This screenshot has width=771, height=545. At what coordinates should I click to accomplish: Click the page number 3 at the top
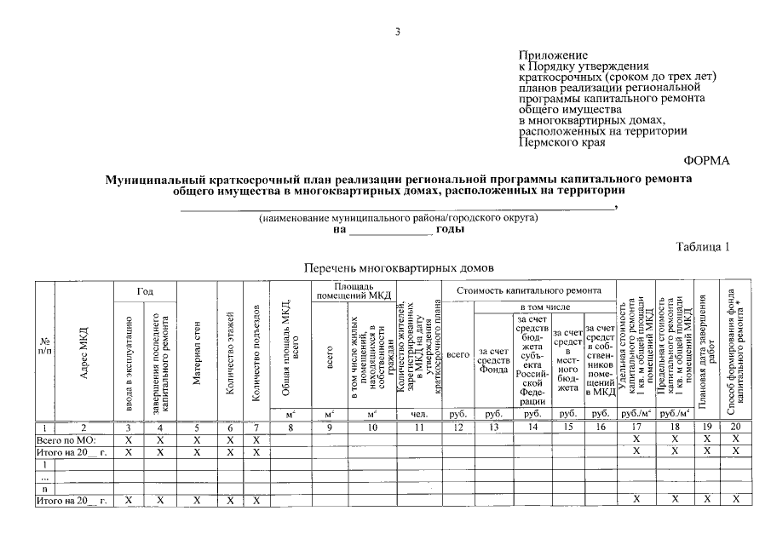(x=397, y=33)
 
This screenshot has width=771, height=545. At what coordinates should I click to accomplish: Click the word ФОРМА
(x=707, y=161)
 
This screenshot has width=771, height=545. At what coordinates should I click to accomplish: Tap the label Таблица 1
(x=704, y=247)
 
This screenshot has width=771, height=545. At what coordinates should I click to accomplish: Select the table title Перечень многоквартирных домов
(x=400, y=267)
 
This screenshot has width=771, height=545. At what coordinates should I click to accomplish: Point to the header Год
(x=144, y=291)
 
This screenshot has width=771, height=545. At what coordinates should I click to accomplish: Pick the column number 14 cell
(x=532, y=427)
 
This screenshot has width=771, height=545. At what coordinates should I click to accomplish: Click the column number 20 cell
(x=736, y=427)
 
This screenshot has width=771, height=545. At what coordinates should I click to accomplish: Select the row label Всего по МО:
(x=65, y=439)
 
